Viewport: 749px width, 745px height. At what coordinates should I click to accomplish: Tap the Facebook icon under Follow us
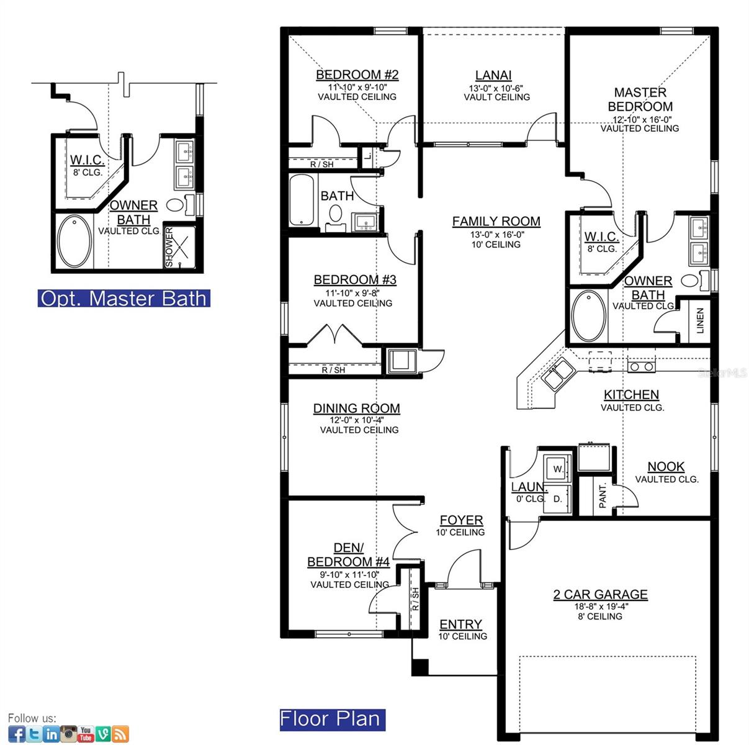click(x=17, y=734)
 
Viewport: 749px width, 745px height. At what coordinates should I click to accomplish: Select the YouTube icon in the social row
click(x=86, y=734)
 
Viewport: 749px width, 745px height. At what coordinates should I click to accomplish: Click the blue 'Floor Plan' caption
click(x=331, y=719)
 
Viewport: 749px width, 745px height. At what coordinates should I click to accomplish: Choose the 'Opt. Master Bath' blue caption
click(x=123, y=299)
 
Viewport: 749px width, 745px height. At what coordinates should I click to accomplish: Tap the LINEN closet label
click(x=700, y=321)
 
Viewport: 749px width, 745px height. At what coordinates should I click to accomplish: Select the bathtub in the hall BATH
click(x=303, y=200)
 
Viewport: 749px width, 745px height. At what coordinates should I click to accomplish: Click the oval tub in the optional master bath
click(x=74, y=242)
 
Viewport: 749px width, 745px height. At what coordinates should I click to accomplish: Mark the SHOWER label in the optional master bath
click(x=169, y=247)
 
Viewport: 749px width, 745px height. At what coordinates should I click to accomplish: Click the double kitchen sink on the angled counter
click(x=558, y=373)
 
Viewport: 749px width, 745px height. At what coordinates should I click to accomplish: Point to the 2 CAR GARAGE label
click(x=600, y=594)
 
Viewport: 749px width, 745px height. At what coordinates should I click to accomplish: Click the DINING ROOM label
click(x=356, y=409)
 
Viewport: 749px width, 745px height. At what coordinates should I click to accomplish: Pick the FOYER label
click(x=461, y=520)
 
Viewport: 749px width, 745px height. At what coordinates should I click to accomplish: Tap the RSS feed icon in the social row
click(x=120, y=734)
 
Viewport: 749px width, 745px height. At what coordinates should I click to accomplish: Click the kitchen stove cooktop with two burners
click(x=641, y=366)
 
